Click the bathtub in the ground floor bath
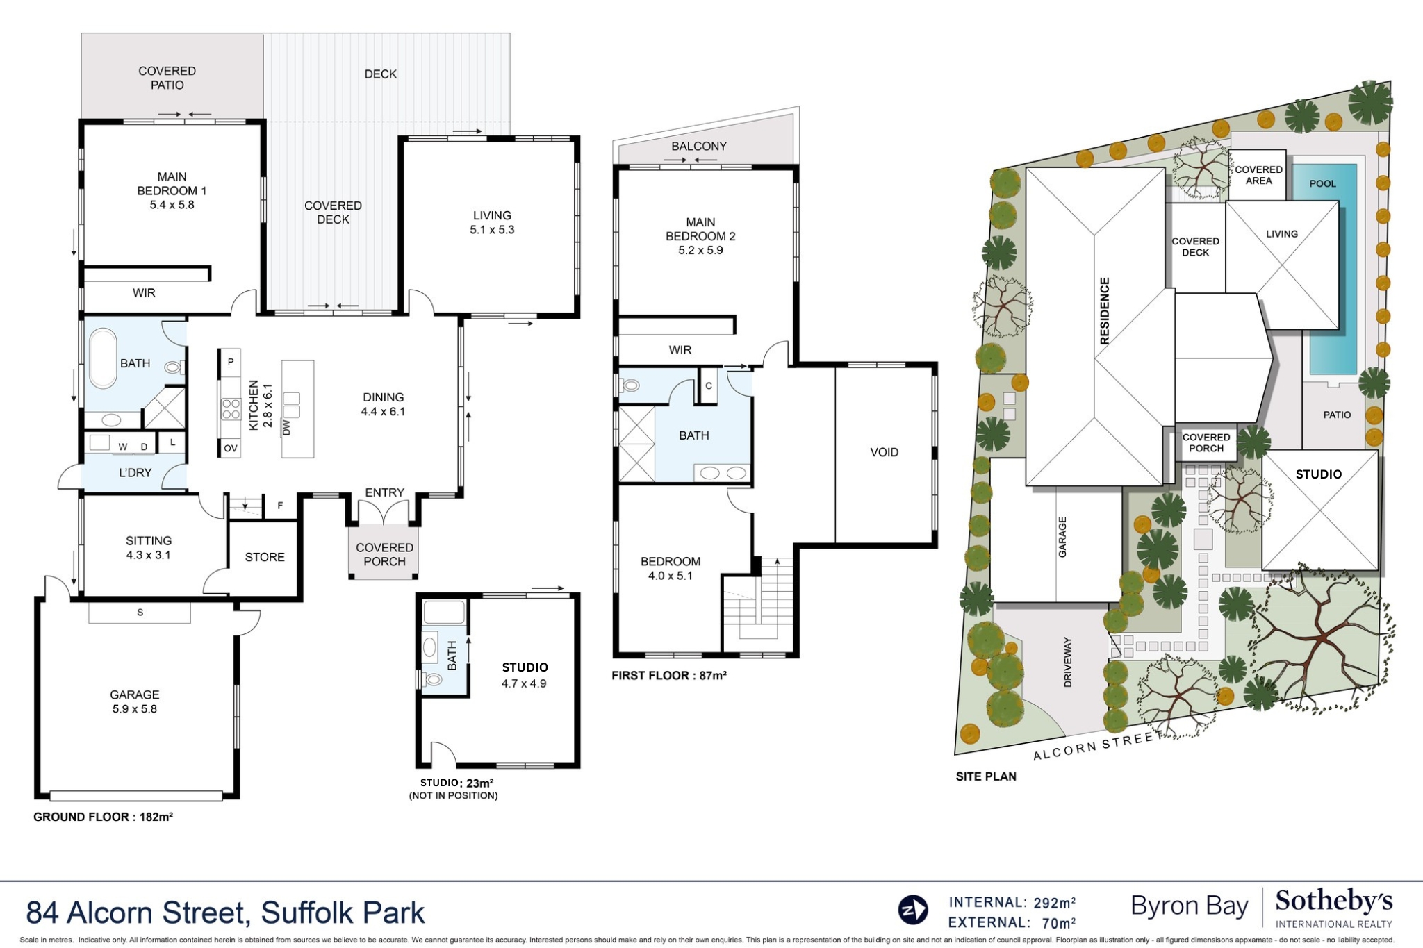103,358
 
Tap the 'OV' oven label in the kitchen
231,449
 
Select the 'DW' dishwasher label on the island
286,427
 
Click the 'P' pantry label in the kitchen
231,362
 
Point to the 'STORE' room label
265,557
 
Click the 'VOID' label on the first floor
884,452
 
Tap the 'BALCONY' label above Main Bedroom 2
699,146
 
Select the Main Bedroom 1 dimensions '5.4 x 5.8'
172,205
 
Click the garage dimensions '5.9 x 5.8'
135,709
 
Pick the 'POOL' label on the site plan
1322,183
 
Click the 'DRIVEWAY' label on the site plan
1068,662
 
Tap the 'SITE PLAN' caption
985,776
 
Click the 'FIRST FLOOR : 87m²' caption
668,675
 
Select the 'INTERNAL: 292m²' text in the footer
1012,902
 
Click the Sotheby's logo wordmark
1333,901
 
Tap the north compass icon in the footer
912,910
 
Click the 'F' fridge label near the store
280,506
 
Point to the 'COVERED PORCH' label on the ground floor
384,554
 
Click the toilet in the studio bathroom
433,679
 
